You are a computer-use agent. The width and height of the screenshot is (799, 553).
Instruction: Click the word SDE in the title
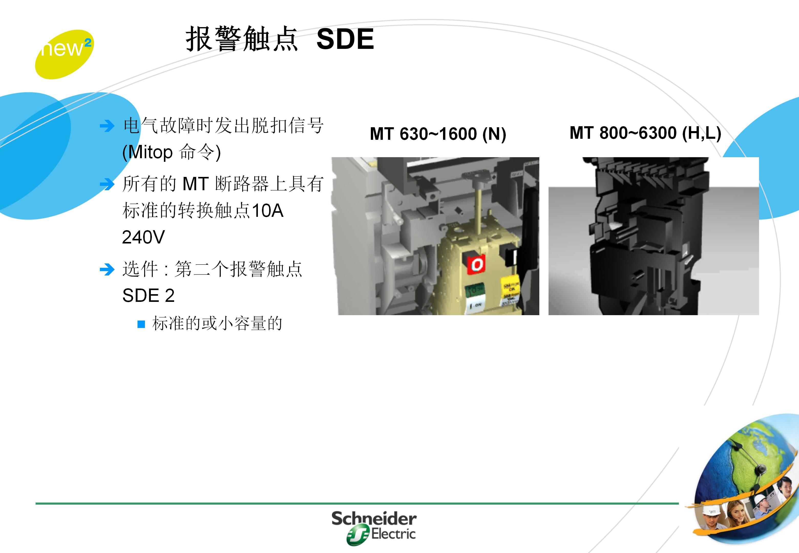[345, 39]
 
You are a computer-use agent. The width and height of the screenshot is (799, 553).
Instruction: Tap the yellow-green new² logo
[64, 54]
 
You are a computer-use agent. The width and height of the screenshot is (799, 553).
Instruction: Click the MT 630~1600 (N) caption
[438, 134]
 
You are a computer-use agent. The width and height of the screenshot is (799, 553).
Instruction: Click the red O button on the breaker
[476, 265]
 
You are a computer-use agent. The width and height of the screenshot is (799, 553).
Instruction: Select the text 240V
[143, 237]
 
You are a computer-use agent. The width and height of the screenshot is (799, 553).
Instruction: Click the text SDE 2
[148, 295]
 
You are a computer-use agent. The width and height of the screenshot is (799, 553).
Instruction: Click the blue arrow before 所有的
[107, 184]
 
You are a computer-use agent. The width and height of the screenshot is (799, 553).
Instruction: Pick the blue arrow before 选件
[107, 270]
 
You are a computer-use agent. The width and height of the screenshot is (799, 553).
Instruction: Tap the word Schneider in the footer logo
[374, 519]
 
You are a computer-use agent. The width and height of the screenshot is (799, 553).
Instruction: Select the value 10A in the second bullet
[268, 211]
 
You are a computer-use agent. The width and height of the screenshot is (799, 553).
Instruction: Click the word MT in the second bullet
[195, 184]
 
